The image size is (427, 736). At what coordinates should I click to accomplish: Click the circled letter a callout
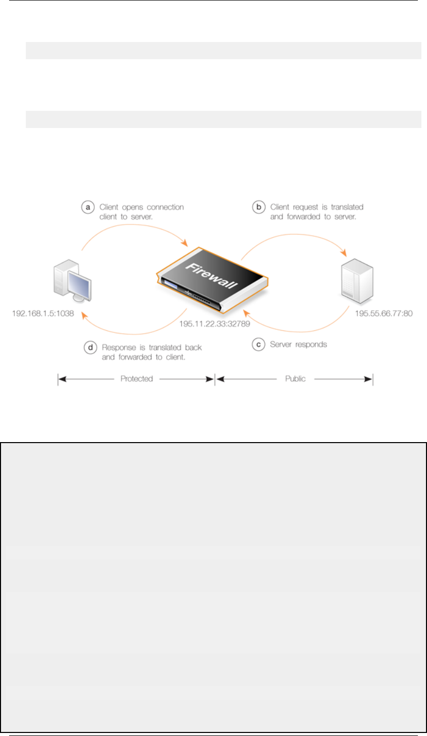(88, 207)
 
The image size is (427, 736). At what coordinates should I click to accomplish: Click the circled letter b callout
(259, 207)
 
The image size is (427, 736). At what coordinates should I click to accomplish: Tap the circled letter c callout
(259, 344)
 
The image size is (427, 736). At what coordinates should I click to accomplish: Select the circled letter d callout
(90, 348)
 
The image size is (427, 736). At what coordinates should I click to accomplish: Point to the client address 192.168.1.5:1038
(43, 314)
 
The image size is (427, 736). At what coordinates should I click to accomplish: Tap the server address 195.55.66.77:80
(383, 314)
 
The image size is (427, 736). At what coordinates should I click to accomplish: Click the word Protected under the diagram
(137, 378)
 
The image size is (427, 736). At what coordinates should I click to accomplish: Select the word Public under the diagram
(295, 378)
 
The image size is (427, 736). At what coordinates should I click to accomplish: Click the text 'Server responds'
(298, 344)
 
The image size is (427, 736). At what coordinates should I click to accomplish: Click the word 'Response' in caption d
(118, 348)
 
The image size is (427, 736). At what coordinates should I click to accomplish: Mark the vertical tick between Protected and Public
(215, 379)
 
